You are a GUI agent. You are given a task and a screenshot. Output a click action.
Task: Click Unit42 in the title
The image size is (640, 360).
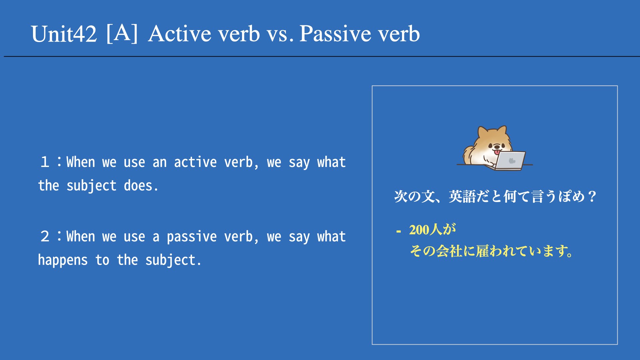[x=64, y=34]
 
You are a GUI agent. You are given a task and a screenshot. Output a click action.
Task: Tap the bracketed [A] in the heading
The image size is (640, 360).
[x=122, y=33]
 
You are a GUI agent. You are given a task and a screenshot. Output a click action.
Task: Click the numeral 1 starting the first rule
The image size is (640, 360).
[x=45, y=162]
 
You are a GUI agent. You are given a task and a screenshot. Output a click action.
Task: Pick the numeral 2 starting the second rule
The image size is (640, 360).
[x=45, y=236]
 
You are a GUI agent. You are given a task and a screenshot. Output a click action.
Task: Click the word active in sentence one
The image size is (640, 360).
[x=195, y=162]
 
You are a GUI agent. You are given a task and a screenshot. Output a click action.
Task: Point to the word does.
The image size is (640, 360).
[x=141, y=185]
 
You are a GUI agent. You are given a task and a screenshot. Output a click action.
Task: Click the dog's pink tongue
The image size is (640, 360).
[x=497, y=152]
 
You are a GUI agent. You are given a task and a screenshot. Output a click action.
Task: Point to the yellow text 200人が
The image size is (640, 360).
[x=432, y=230]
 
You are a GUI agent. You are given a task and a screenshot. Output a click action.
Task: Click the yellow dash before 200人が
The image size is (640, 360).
[x=398, y=231]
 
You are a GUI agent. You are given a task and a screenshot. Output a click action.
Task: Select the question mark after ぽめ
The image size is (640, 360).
[x=592, y=196]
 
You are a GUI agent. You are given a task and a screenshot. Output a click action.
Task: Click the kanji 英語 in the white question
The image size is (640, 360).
[x=462, y=196]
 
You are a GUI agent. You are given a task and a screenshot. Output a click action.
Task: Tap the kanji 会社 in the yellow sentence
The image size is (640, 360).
[x=449, y=251]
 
